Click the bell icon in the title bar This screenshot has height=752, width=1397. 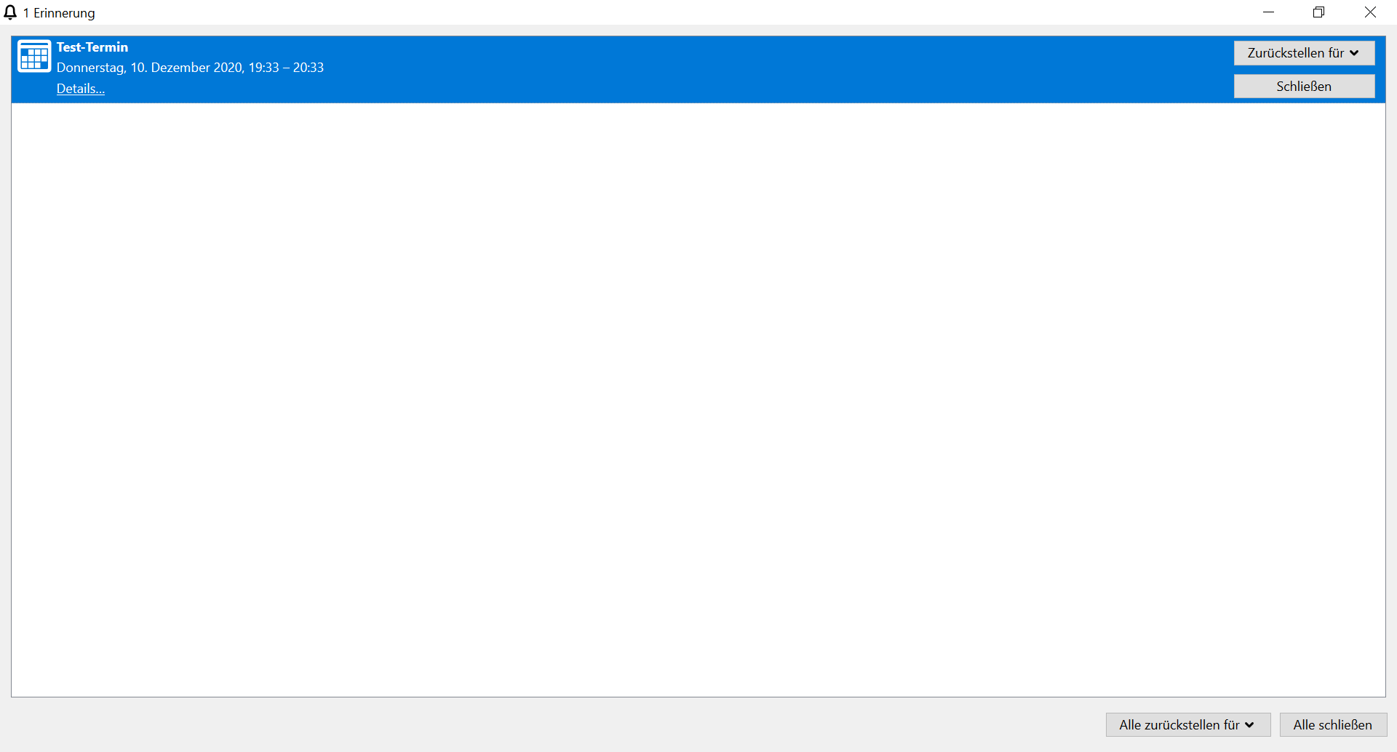(10, 12)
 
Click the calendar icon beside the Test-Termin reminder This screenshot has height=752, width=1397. (34, 56)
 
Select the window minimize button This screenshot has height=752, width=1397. (1269, 12)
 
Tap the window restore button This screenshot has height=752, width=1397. (1319, 12)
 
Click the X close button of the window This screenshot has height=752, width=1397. (1370, 12)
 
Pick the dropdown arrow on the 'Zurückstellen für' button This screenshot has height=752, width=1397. (1354, 53)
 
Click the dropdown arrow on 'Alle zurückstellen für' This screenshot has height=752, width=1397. (1249, 725)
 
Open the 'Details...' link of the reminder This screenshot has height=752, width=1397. (81, 89)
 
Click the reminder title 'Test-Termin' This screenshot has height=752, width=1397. (92, 47)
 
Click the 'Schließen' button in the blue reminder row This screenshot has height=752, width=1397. (1305, 87)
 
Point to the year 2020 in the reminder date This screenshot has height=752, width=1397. (228, 68)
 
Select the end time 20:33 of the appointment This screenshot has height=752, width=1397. (309, 68)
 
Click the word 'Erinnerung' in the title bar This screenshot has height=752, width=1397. (64, 13)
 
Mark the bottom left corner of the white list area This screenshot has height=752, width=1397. (12, 697)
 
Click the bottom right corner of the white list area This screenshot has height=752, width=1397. (1385, 697)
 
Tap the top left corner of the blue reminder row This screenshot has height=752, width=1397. (12, 36)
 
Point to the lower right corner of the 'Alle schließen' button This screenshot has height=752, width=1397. (1387, 736)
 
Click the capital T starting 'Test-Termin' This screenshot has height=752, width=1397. (61, 47)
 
